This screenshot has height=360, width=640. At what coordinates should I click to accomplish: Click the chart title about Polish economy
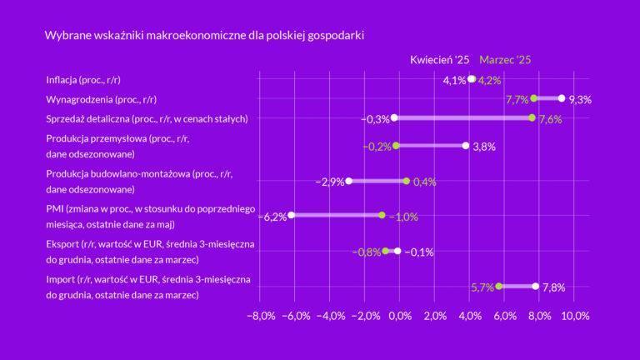pos(204,37)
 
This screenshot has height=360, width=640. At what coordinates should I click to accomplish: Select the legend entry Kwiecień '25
pos(440,60)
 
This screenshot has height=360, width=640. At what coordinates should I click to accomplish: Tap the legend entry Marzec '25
pos(505,60)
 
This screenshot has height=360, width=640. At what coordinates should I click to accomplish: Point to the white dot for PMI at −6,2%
pos(292,216)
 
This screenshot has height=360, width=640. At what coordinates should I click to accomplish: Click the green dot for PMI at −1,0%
pos(382,216)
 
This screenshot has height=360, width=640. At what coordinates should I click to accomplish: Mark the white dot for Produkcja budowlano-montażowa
pos(348,181)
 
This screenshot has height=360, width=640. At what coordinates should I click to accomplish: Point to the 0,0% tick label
pos(400,316)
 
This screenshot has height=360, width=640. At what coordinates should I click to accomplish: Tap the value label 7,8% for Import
pos(553,287)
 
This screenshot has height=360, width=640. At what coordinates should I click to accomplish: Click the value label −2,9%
pos(330,182)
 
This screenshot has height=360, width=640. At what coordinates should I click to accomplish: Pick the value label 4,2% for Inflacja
pos(489,81)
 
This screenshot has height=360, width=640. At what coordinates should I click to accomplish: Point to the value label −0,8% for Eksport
pos(366,252)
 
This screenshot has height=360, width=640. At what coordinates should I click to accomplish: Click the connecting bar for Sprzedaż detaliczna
pos(462,118)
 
